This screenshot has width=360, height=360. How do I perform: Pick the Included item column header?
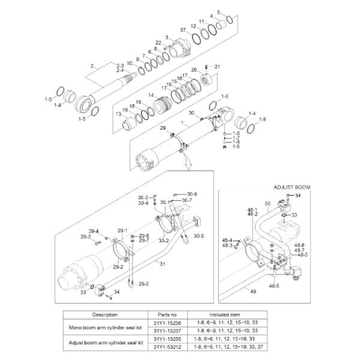pyautogui.click(x=225, y=314)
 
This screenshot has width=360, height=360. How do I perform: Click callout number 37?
pyautogui.click(x=183, y=30)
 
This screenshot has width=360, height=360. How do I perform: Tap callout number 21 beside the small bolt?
pyautogui.click(x=218, y=66)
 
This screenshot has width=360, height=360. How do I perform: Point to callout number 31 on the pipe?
pyautogui.click(x=162, y=263)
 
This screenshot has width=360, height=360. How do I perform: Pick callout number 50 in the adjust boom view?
pyautogui.click(x=267, y=205)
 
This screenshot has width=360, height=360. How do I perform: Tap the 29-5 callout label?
pyautogui.click(x=143, y=283)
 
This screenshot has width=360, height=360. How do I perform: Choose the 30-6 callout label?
pyautogui.click(x=191, y=194)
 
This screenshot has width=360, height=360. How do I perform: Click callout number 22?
pyautogui.click(x=158, y=42)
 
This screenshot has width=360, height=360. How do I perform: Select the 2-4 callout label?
pyautogui.click(x=119, y=70)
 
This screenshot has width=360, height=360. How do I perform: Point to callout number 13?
pyautogui.click(x=118, y=113)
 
